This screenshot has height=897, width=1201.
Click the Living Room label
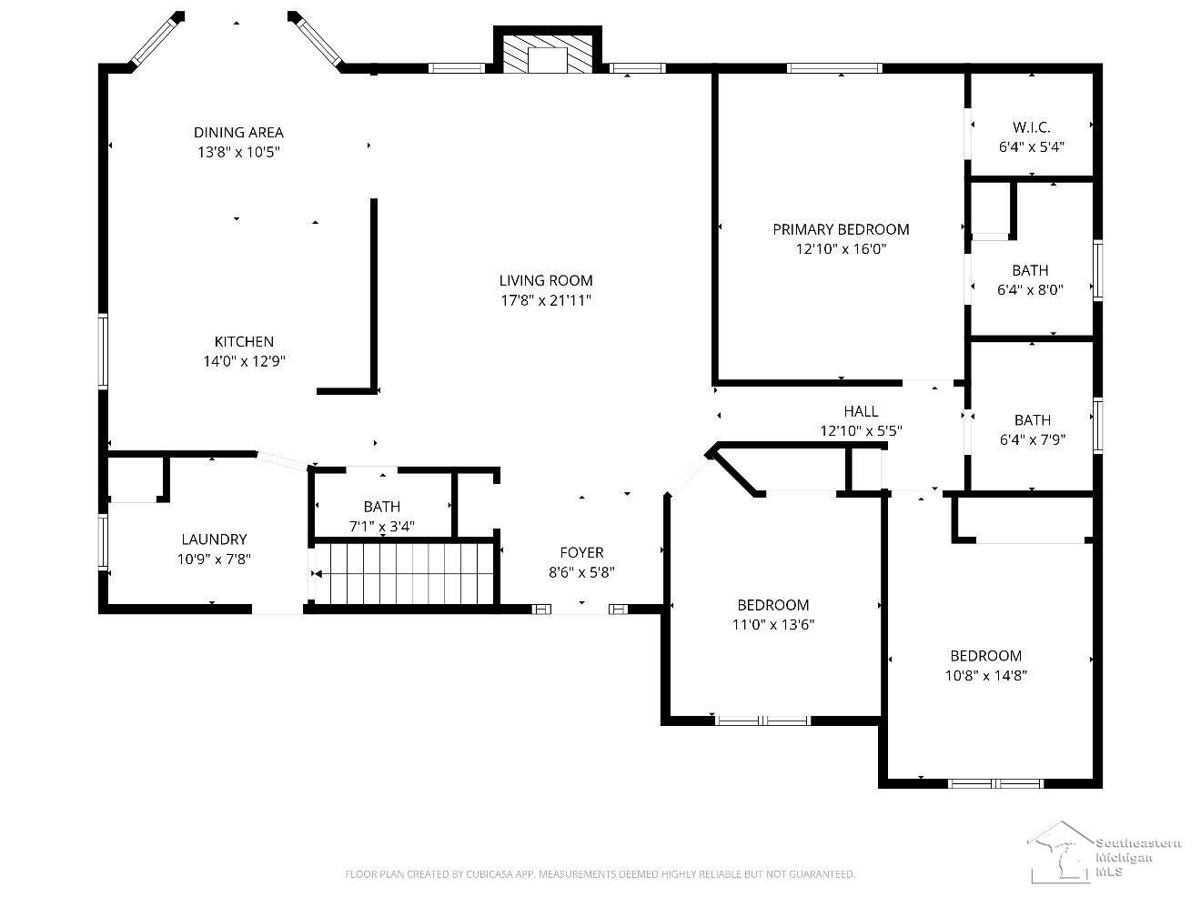tap(546, 280)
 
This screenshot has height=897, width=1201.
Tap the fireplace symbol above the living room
tap(547, 55)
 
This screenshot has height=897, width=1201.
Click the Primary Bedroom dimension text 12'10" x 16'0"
tap(841, 249)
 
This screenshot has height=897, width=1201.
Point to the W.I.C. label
tap(1032, 127)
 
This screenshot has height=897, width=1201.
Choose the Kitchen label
tap(244, 342)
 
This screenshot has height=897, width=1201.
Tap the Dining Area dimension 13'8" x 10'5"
tap(238, 152)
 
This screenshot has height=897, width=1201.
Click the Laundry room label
tap(214, 539)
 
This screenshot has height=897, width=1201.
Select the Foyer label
tap(581, 552)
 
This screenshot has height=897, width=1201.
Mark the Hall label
tap(861, 411)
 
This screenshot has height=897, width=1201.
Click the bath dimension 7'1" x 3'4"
tap(382, 526)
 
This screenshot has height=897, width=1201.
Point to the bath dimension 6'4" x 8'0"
tap(1030, 290)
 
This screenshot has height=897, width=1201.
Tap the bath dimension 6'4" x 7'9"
tap(1033, 439)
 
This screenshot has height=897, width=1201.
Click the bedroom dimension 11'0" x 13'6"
tap(773, 625)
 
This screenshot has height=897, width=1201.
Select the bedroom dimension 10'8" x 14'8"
tap(986, 676)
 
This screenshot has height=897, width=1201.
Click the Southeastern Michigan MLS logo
tap(1103, 852)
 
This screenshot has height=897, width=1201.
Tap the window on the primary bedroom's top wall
tap(834, 68)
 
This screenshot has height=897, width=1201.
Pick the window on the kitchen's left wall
tap(103, 351)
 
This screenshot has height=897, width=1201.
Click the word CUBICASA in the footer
tap(489, 874)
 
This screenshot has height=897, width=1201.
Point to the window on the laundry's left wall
tap(103, 542)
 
